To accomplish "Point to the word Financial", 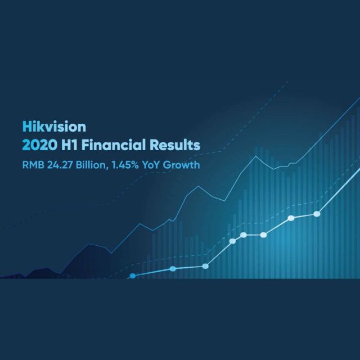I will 115,145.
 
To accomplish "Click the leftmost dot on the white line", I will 133,276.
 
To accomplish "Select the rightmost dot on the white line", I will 317,214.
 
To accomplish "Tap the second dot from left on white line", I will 173,269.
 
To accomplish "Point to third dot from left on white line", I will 205,266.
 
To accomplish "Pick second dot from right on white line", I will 291,218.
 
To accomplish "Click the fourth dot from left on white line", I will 232,241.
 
